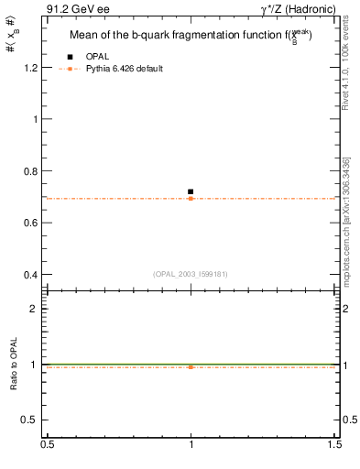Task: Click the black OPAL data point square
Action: [191, 191]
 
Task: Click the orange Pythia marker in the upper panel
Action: [191, 198]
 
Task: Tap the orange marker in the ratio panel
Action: [191, 366]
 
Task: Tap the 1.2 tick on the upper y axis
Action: [32, 68]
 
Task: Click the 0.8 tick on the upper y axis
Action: [32, 171]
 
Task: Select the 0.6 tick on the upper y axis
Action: [32, 223]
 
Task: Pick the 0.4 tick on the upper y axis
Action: [32, 275]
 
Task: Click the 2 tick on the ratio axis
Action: [37, 309]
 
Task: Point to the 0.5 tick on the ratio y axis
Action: [32, 420]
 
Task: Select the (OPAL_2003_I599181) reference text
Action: [191, 273]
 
